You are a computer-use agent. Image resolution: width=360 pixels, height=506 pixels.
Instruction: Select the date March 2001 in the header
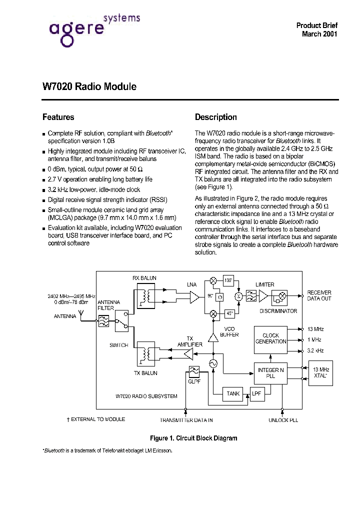click(319, 34)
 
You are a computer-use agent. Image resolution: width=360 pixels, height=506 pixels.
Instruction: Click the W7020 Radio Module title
click(89, 86)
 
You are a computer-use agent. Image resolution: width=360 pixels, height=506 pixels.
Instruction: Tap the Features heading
click(58, 117)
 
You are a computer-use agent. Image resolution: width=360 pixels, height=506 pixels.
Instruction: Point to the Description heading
click(215, 117)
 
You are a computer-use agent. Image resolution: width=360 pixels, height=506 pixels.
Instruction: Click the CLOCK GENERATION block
click(270, 338)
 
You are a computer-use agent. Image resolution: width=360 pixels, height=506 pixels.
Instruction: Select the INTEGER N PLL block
click(270, 373)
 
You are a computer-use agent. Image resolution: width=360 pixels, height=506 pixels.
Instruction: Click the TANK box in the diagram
click(233, 393)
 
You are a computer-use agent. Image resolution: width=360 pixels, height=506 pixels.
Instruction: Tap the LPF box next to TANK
click(256, 393)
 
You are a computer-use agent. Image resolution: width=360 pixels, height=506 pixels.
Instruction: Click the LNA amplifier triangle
click(193, 297)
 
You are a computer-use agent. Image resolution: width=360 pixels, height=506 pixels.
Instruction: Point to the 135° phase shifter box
click(228, 280)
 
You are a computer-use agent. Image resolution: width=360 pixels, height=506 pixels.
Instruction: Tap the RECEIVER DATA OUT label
click(319, 295)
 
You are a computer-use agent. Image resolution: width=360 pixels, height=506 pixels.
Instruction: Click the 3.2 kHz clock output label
click(315, 350)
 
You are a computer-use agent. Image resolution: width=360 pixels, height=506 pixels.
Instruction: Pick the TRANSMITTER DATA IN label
click(186, 420)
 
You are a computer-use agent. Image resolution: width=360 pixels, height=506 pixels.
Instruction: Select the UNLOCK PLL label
click(283, 420)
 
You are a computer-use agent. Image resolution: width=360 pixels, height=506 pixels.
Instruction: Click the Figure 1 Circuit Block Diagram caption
click(193, 438)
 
